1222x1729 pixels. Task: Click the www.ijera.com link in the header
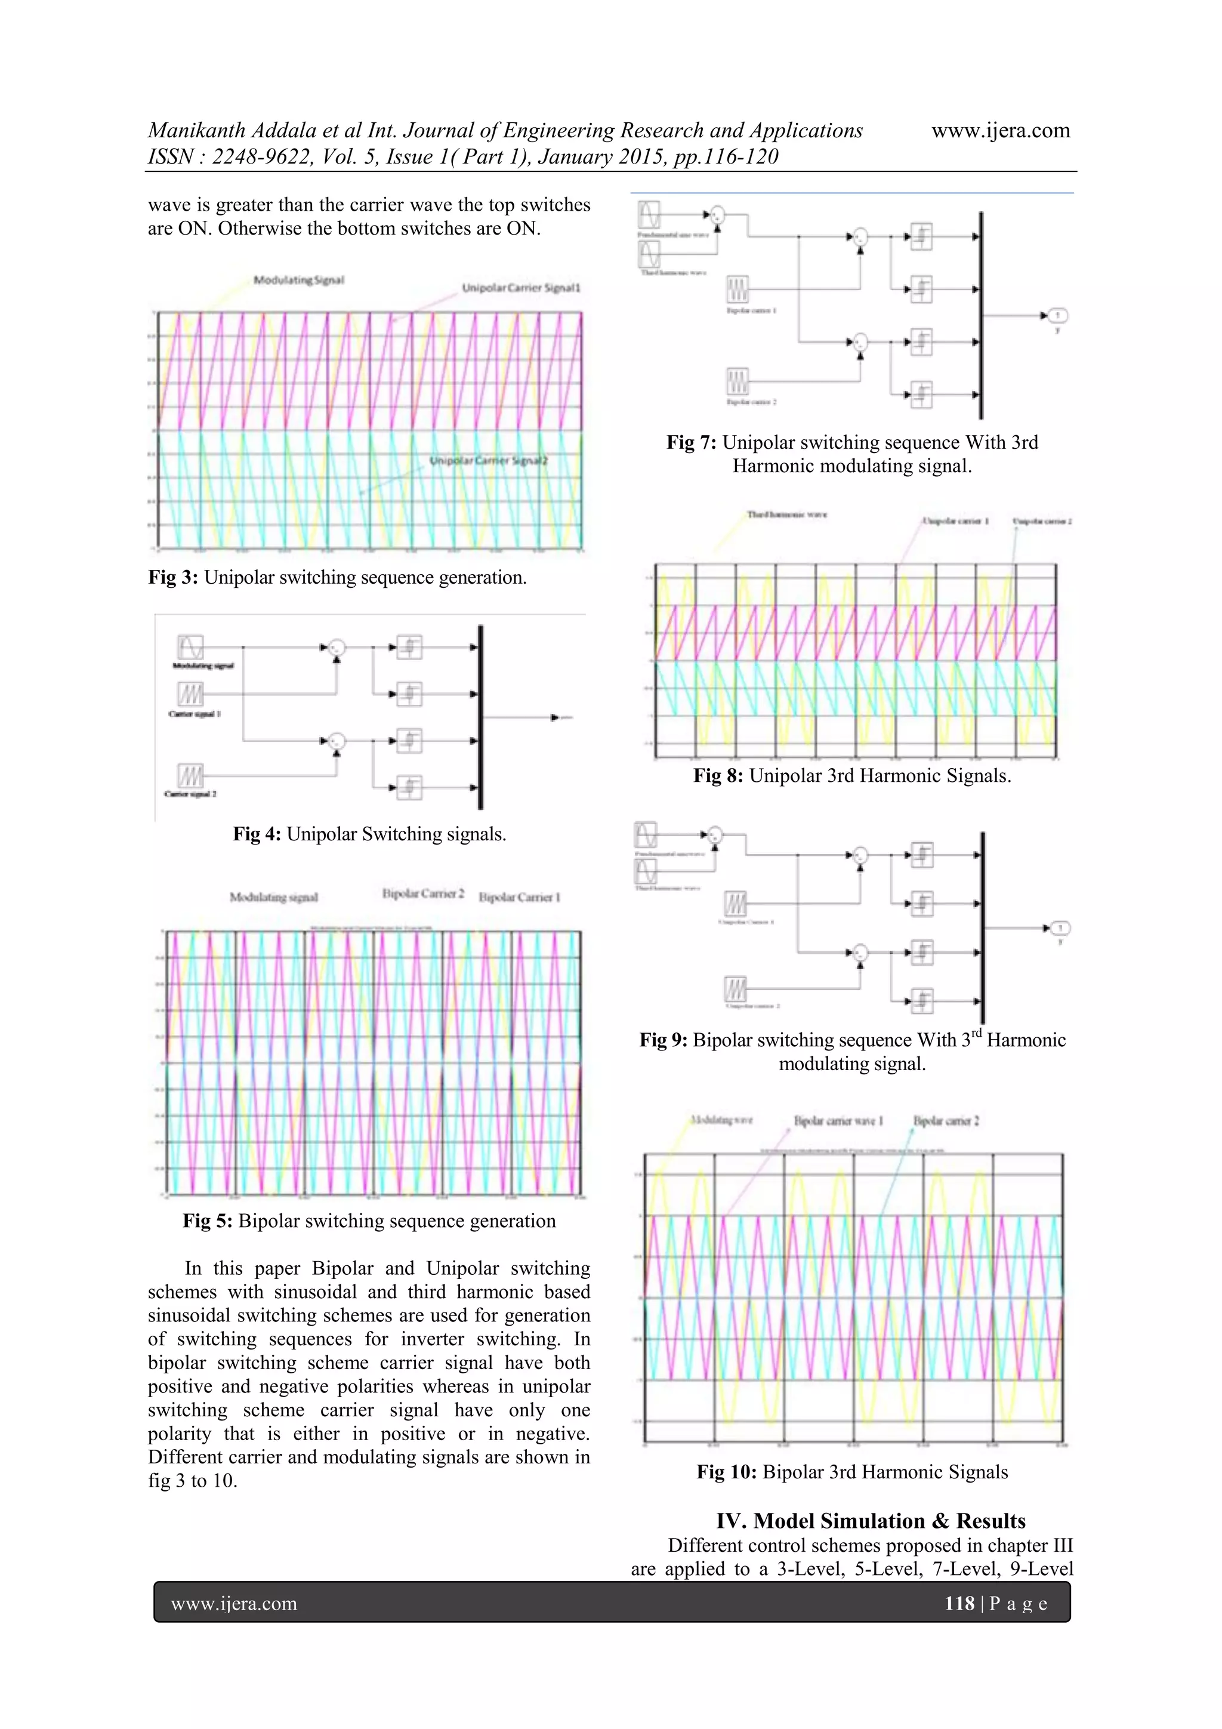(x=1000, y=130)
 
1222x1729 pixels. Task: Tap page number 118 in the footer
(x=959, y=1603)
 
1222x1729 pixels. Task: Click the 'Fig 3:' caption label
(x=173, y=578)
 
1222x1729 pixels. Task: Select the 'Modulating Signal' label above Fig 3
(x=298, y=280)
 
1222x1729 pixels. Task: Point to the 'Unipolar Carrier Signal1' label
(x=521, y=288)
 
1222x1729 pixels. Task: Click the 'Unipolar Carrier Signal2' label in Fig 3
(x=488, y=460)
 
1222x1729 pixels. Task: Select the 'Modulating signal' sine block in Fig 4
(x=190, y=647)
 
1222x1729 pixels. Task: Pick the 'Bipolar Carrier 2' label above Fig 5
(x=422, y=894)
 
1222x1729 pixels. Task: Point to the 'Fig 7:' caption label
(x=691, y=443)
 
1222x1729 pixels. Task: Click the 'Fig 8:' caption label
(x=718, y=776)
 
